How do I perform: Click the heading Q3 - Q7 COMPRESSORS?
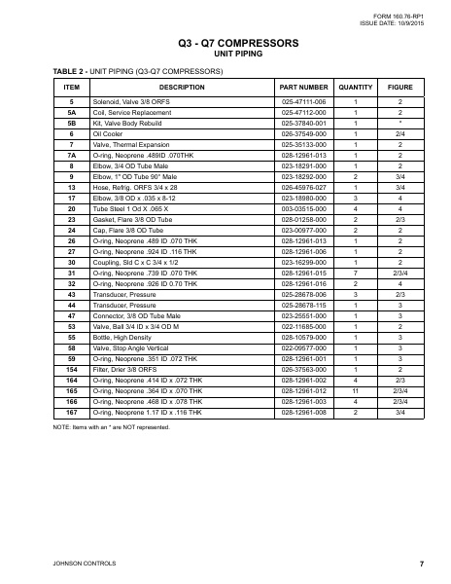coord(225,44)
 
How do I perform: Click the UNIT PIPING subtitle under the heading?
coord(225,55)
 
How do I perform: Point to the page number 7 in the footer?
coord(421,564)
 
